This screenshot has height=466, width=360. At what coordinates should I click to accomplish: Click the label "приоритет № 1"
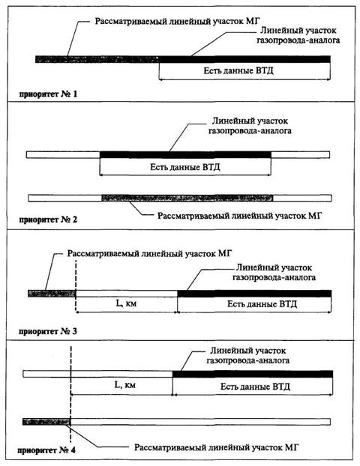pyautogui.click(x=48, y=94)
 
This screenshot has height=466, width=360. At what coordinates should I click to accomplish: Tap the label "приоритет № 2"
pyautogui.click(x=48, y=220)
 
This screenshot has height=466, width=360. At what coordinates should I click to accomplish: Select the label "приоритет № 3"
pyautogui.click(x=48, y=331)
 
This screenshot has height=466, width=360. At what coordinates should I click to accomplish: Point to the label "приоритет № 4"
pyautogui.click(x=46, y=450)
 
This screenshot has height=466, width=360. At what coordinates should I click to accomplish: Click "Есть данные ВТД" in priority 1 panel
pyautogui.click(x=238, y=70)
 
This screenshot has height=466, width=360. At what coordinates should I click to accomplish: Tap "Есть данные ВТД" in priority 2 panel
pyautogui.click(x=185, y=167)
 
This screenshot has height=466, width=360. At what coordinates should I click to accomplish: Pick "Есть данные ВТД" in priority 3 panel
pyautogui.click(x=262, y=304)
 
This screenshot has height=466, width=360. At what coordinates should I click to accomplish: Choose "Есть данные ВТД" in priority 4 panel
pyautogui.click(x=255, y=387)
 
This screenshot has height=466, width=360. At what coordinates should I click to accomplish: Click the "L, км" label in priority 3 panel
pyautogui.click(x=126, y=303)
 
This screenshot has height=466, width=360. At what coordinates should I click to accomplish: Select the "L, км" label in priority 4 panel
pyautogui.click(x=125, y=385)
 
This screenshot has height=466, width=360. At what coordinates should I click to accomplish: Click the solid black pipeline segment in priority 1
pyautogui.click(x=244, y=59)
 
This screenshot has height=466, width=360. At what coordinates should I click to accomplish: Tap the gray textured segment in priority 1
pyautogui.click(x=97, y=59)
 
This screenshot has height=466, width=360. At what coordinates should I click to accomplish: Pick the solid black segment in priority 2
pyautogui.click(x=185, y=155)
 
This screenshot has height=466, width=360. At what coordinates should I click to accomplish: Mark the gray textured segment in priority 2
pyautogui.click(x=187, y=198)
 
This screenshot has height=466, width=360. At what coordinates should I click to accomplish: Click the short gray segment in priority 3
pyautogui.click(x=52, y=294)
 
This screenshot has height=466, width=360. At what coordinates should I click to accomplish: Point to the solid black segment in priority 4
pyautogui.click(x=253, y=374)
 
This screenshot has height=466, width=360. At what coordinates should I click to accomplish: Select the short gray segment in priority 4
pyautogui.click(x=46, y=422)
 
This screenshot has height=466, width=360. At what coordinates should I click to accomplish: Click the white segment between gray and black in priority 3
pyautogui.click(x=127, y=294)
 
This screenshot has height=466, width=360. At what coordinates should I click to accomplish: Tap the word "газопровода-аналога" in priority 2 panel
pyautogui.click(x=250, y=131)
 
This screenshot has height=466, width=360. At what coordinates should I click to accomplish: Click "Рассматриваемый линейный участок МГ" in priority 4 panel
pyautogui.click(x=216, y=447)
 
